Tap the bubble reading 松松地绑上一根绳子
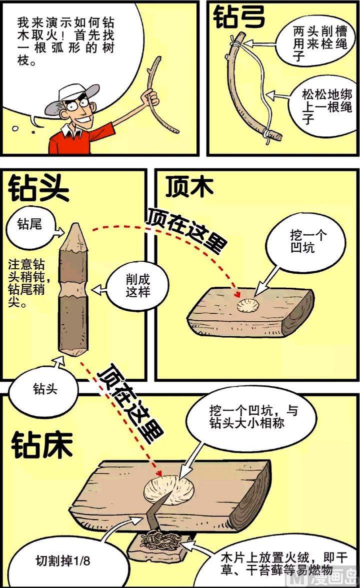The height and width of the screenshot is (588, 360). (320, 106)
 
